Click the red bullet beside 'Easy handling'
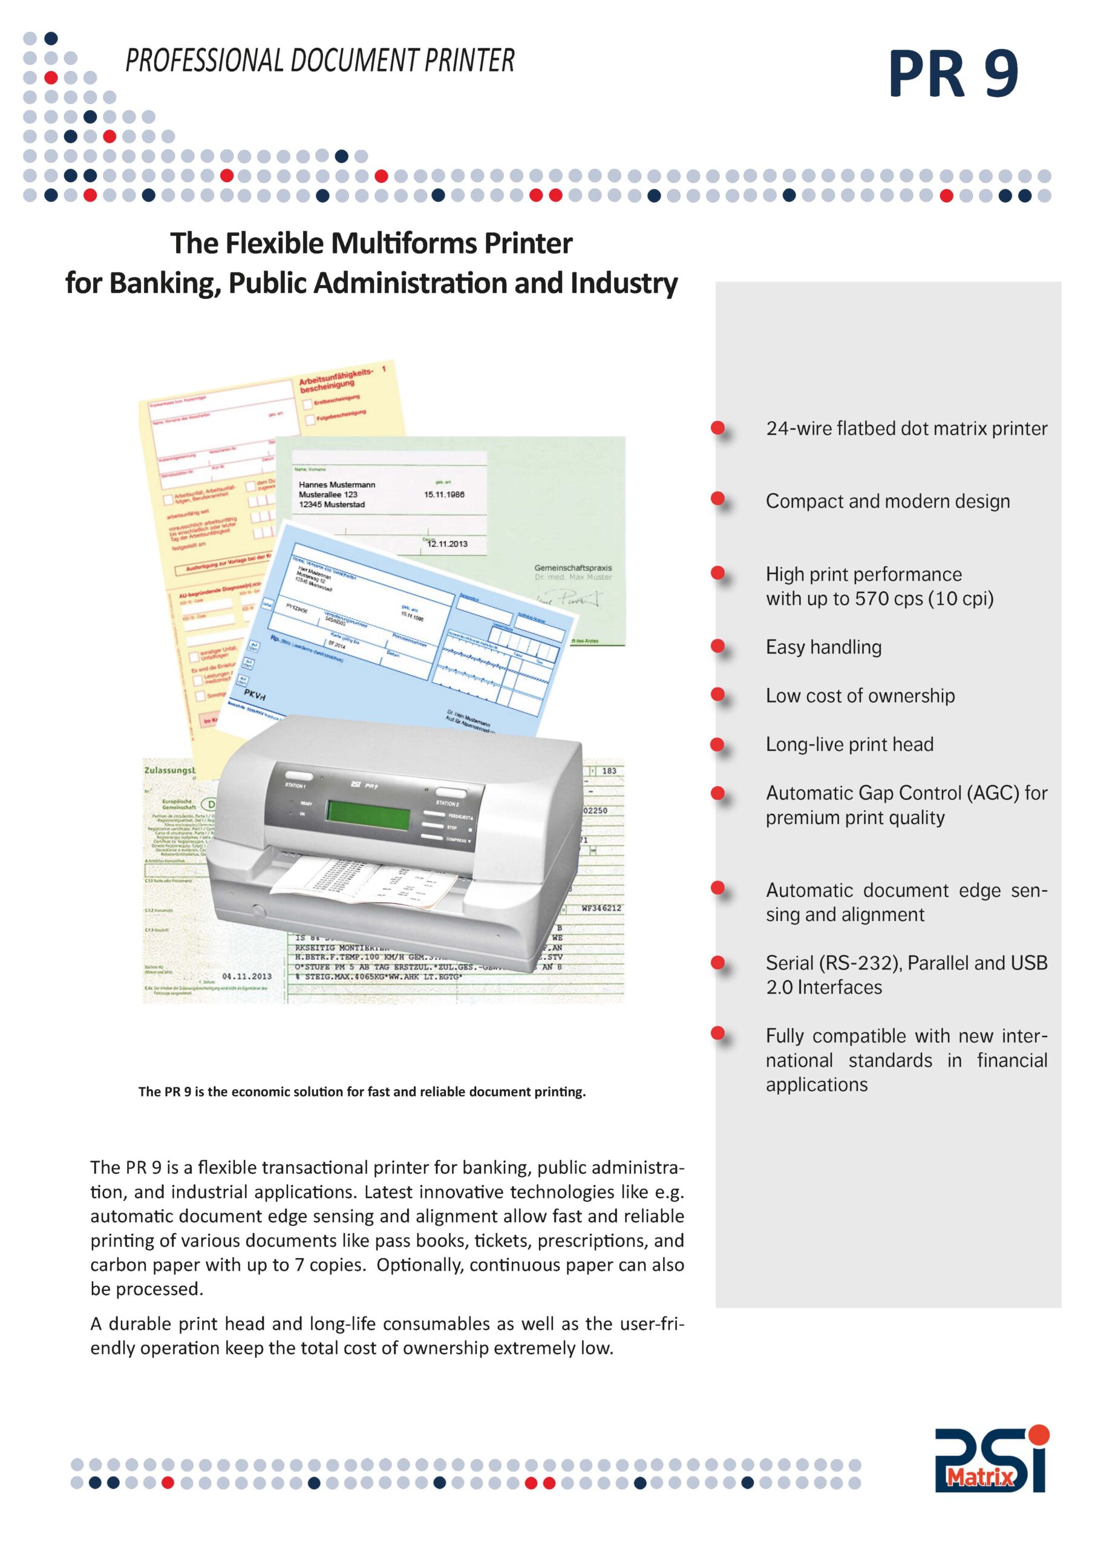click(x=718, y=646)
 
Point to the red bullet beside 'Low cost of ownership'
click(x=718, y=694)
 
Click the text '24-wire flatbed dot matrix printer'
click(x=906, y=428)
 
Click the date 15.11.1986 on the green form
click(x=444, y=494)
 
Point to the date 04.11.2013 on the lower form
click(x=247, y=976)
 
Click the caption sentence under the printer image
click(x=362, y=1092)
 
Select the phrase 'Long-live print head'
click(x=849, y=744)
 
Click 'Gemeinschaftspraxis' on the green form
click(x=573, y=568)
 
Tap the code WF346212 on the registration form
click(x=601, y=908)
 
